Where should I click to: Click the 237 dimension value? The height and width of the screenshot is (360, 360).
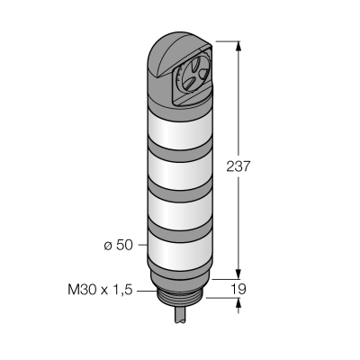[238, 166]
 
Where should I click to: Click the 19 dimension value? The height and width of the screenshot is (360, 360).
[238, 289]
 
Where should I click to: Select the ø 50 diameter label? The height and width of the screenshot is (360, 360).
[118, 246]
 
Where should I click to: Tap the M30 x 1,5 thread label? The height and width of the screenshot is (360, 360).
[100, 290]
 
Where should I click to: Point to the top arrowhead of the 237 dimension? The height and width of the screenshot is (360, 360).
[238, 47]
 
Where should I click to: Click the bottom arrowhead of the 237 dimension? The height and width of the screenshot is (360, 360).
[238, 273]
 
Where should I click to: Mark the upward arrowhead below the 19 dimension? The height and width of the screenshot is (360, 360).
[238, 304]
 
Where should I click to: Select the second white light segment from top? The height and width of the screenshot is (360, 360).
[179, 169]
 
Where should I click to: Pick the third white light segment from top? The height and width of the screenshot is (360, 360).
[179, 209]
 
